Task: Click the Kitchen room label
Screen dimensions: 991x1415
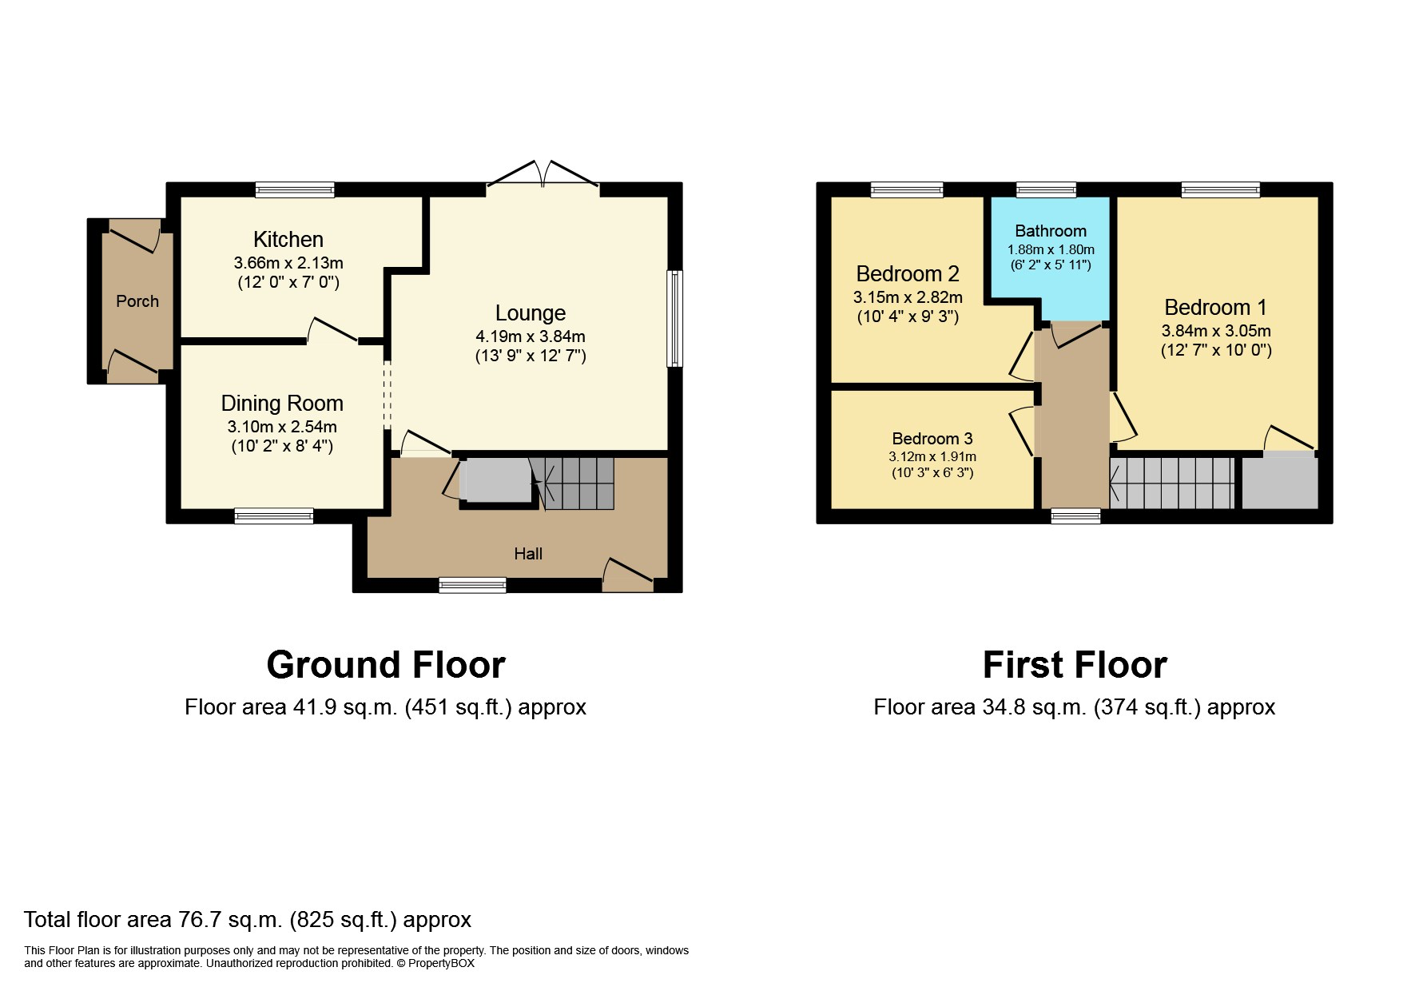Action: tap(288, 239)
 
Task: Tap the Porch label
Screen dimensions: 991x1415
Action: tap(137, 301)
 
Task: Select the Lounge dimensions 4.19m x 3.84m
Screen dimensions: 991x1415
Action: tap(530, 336)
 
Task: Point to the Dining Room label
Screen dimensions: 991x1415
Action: tap(282, 404)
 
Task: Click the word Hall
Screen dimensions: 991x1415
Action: tap(528, 554)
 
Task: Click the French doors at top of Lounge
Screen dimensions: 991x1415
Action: tap(543, 175)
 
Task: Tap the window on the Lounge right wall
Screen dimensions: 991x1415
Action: tap(675, 318)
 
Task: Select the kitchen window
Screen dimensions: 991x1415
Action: tap(295, 190)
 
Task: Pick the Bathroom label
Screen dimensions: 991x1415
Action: tap(1050, 231)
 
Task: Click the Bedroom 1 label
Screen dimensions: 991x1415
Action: tap(1215, 308)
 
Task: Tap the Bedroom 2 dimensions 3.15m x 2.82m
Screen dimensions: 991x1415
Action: tap(908, 297)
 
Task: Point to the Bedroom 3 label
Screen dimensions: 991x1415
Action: tap(932, 439)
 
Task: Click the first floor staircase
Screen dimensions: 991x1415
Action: tap(1172, 483)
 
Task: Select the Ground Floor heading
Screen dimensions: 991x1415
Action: tap(385, 665)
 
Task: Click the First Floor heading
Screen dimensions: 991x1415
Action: tap(1074, 665)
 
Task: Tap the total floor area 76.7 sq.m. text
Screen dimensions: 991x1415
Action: tap(248, 920)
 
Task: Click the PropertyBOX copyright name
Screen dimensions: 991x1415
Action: tap(441, 964)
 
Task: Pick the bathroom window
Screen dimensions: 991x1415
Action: tap(1046, 190)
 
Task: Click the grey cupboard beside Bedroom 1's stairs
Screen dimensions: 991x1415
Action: tap(1278, 481)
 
